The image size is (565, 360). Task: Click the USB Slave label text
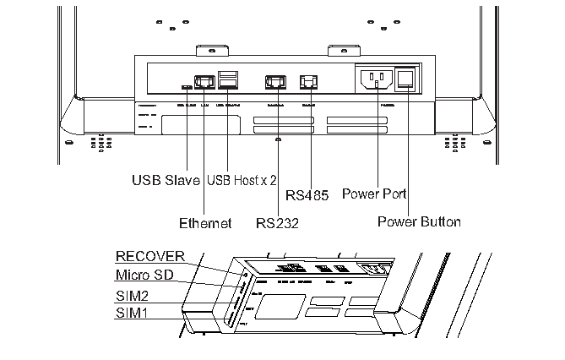click(x=166, y=180)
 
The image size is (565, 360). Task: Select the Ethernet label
click(x=204, y=224)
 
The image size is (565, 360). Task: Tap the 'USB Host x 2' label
click(x=242, y=180)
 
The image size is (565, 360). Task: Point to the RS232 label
click(x=278, y=224)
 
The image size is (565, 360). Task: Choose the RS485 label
click(x=308, y=195)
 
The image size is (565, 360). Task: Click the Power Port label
click(x=374, y=194)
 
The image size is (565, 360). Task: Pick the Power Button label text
click(x=419, y=221)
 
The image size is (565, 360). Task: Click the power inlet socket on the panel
click(x=376, y=79)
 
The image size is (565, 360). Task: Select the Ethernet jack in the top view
click(x=204, y=82)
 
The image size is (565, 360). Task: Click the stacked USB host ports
click(x=227, y=79)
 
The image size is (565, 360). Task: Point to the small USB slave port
click(x=186, y=86)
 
